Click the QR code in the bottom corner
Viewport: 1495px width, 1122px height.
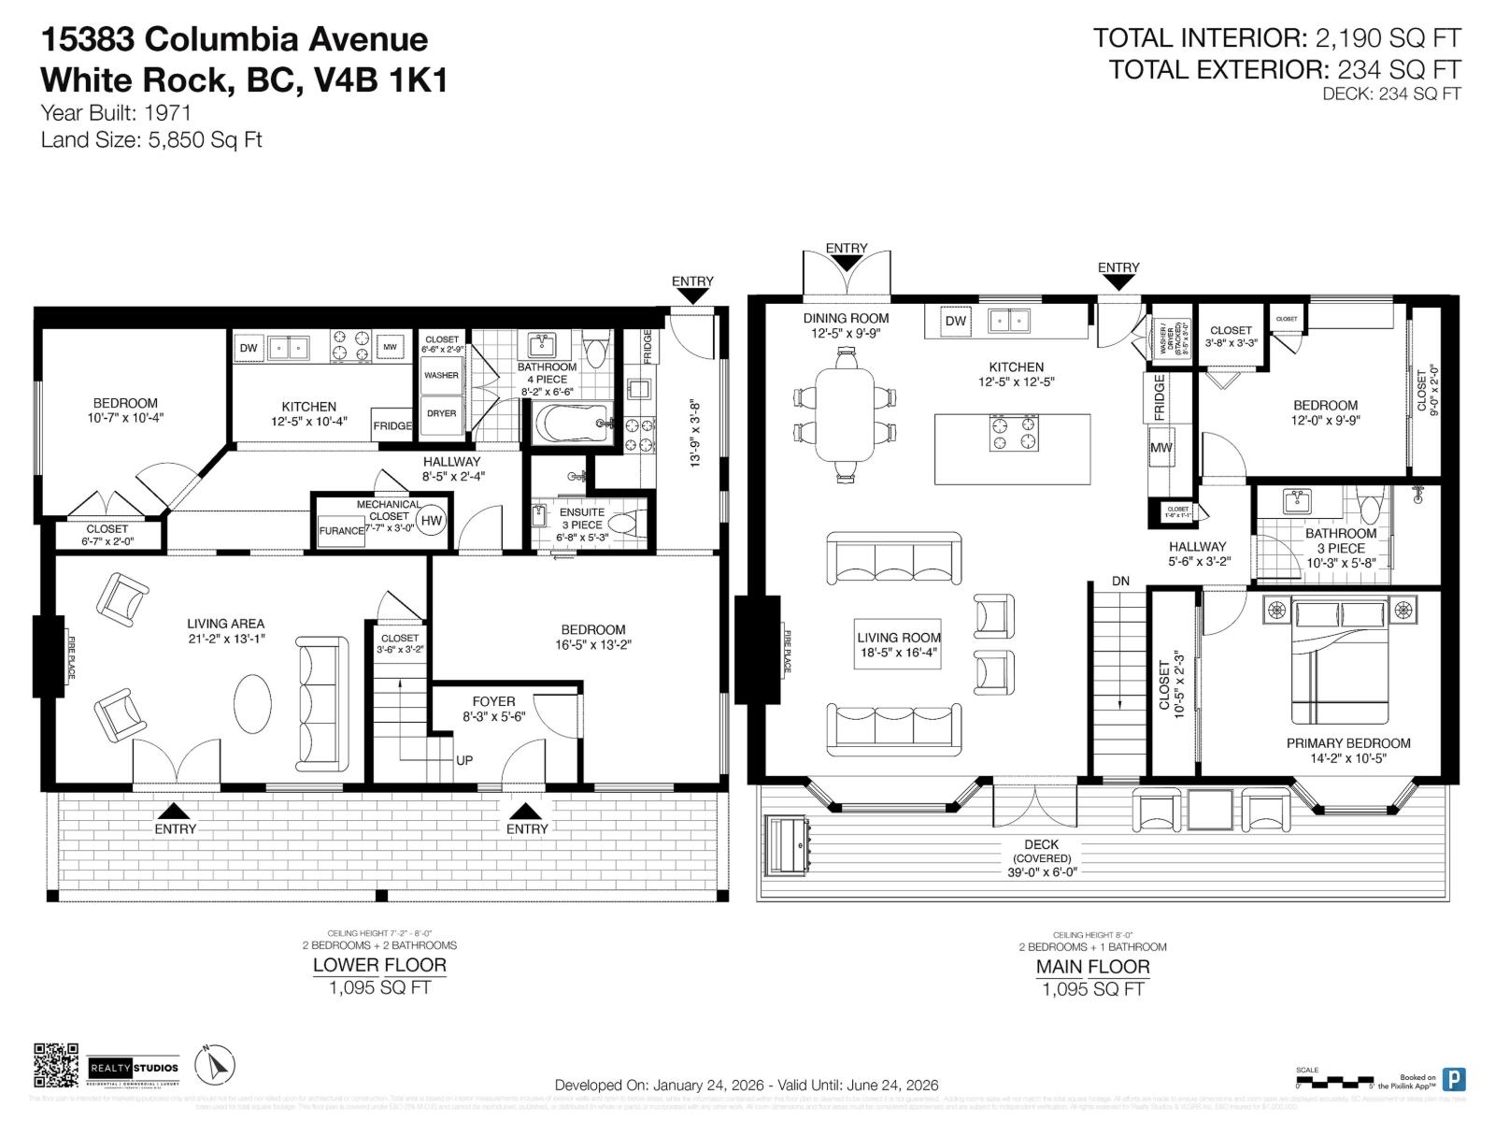tap(56, 1066)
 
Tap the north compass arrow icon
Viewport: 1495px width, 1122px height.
tap(216, 1066)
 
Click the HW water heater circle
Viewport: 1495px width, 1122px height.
tap(431, 521)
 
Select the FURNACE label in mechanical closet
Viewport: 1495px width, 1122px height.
tap(341, 531)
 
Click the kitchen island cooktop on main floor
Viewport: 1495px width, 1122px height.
tap(1013, 434)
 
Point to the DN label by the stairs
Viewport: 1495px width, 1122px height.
tap(1120, 581)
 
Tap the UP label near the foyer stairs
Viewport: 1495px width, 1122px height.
tap(464, 760)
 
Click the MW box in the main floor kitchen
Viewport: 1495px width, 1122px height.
tap(1160, 448)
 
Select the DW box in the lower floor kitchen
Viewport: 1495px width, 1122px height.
tap(249, 348)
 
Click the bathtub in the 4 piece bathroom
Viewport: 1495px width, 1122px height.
tap(574, 424)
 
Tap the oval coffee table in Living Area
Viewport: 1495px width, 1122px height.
tap(252, 703)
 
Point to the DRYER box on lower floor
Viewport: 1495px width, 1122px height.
tap(441, 413)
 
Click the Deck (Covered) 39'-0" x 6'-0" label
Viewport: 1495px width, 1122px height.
tap(1041, 857)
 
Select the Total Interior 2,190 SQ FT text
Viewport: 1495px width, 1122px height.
tap(1276, 38)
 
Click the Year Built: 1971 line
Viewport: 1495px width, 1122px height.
tap(116, 113)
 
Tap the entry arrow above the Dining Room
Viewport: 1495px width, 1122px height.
tap(846, 263)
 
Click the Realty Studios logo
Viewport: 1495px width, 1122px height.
tap(134, 1068)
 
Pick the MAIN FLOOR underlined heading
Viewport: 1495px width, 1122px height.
tap(1092, 967)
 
